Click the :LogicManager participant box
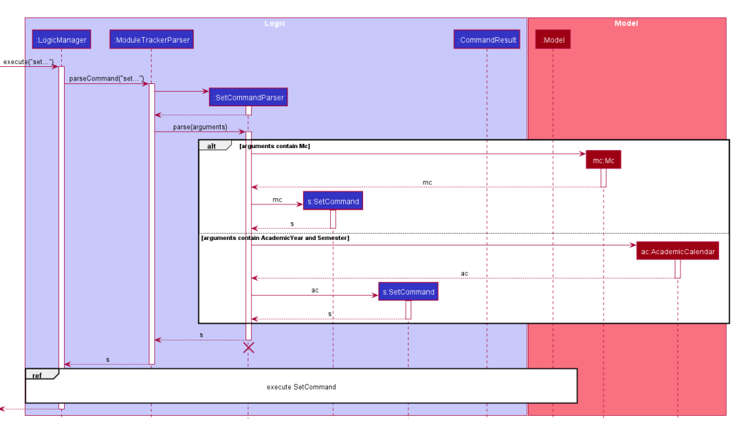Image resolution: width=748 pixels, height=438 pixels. click(61, 40)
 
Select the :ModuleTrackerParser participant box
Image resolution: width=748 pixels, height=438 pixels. click(152, 40)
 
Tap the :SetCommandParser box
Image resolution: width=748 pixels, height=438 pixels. click(248, 97)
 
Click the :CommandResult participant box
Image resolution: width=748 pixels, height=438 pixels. click(488, 40)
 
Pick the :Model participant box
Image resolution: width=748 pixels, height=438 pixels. click(553, 40)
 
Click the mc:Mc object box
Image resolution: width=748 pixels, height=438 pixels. click(604, 160)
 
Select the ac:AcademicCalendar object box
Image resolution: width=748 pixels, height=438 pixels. click(678, 251)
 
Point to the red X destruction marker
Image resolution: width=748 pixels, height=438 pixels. click(248, 348)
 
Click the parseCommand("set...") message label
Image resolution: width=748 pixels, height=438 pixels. click(107, 78)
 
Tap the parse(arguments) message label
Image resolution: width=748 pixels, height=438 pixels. click(200, 127)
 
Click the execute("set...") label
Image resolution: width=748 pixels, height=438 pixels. click(28, 61)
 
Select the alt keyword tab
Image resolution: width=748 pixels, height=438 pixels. click(211, 145)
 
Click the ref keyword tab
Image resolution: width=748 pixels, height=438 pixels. click(37, 375)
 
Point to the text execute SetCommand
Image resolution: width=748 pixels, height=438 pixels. click(301, 387)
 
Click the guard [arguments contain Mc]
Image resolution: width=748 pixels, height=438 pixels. click(275, 145)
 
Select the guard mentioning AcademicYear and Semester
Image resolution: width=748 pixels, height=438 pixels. click(275, 238)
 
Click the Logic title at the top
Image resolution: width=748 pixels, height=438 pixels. click(275, 24)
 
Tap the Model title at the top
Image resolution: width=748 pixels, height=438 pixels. click(626, 24)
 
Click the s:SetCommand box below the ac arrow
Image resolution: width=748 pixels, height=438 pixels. click(409, 292)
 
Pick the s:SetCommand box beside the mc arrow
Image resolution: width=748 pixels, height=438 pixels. click(333, 202)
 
